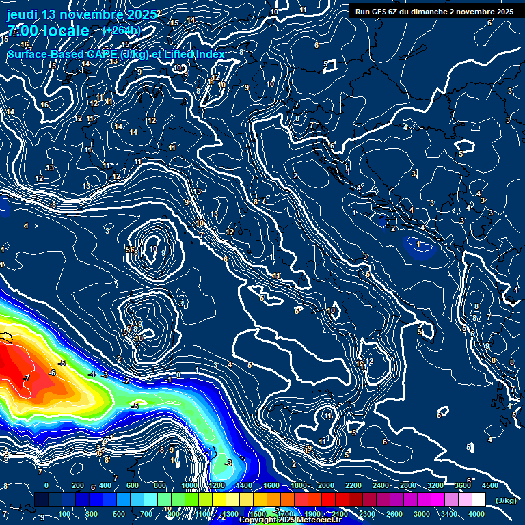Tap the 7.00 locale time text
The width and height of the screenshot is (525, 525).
(48, 31)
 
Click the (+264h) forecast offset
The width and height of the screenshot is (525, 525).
(121, 31)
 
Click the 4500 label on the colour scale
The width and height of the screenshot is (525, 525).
(489, 485)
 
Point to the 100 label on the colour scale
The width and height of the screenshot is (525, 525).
(64, 514)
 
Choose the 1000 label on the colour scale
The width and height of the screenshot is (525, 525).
(189, 485)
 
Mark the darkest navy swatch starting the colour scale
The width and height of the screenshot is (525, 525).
(41, 500)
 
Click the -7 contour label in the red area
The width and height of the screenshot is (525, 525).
(26, 377)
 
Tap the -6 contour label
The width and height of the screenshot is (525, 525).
(53, 373)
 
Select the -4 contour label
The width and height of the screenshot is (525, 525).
(92, 374)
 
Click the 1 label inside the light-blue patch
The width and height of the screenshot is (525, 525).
(418, 243)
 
